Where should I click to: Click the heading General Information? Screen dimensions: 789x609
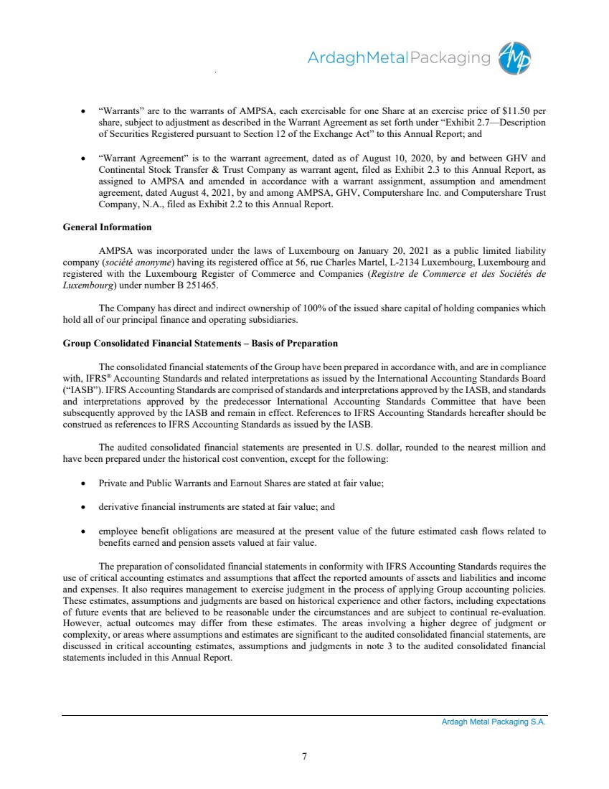(108, 227)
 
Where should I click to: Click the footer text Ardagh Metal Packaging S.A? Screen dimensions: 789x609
(494, 722)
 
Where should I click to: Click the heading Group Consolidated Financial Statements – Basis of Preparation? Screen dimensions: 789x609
(201, 344)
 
